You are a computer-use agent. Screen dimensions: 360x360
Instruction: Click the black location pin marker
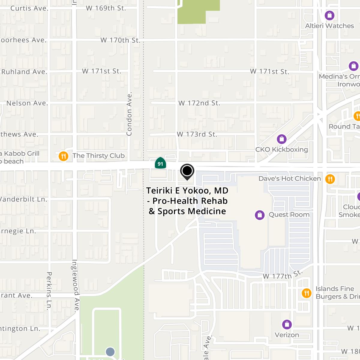click(x=187, y=171)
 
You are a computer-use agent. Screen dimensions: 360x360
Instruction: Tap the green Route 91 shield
click(x=160, y=163)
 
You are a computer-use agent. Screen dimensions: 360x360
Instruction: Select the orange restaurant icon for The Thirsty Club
click(x=63, y=156)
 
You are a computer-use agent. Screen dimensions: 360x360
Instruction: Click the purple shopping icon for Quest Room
click(x=259, y=215)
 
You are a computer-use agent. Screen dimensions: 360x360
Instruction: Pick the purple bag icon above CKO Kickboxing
click(x=281, y=139)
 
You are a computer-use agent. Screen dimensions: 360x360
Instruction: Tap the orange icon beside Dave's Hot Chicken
click(x=330, y=179)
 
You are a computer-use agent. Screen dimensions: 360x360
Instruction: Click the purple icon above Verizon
click(x=287, y=324)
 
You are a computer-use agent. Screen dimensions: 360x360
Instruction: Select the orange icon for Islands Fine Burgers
click(x=306, y=293)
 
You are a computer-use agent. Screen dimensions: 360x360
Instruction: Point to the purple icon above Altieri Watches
click(x=330, y=15)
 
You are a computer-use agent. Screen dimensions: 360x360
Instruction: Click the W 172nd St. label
click(x=199, y=103)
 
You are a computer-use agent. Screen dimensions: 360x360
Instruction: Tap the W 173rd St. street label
click(x=197, y=134)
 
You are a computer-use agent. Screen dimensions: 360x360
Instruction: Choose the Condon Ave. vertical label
click(x=129, y=114)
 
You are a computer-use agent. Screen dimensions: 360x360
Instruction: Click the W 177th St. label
click(x=282, y=275)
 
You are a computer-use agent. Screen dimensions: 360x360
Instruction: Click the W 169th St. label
click(x=106, y=8)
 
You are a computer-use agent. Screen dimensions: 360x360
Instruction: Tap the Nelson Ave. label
click(x=27, y=103)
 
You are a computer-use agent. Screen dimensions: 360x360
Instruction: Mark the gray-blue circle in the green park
click(x=110, y=352)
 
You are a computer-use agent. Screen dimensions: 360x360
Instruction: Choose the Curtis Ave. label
click(x=29, y=8)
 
